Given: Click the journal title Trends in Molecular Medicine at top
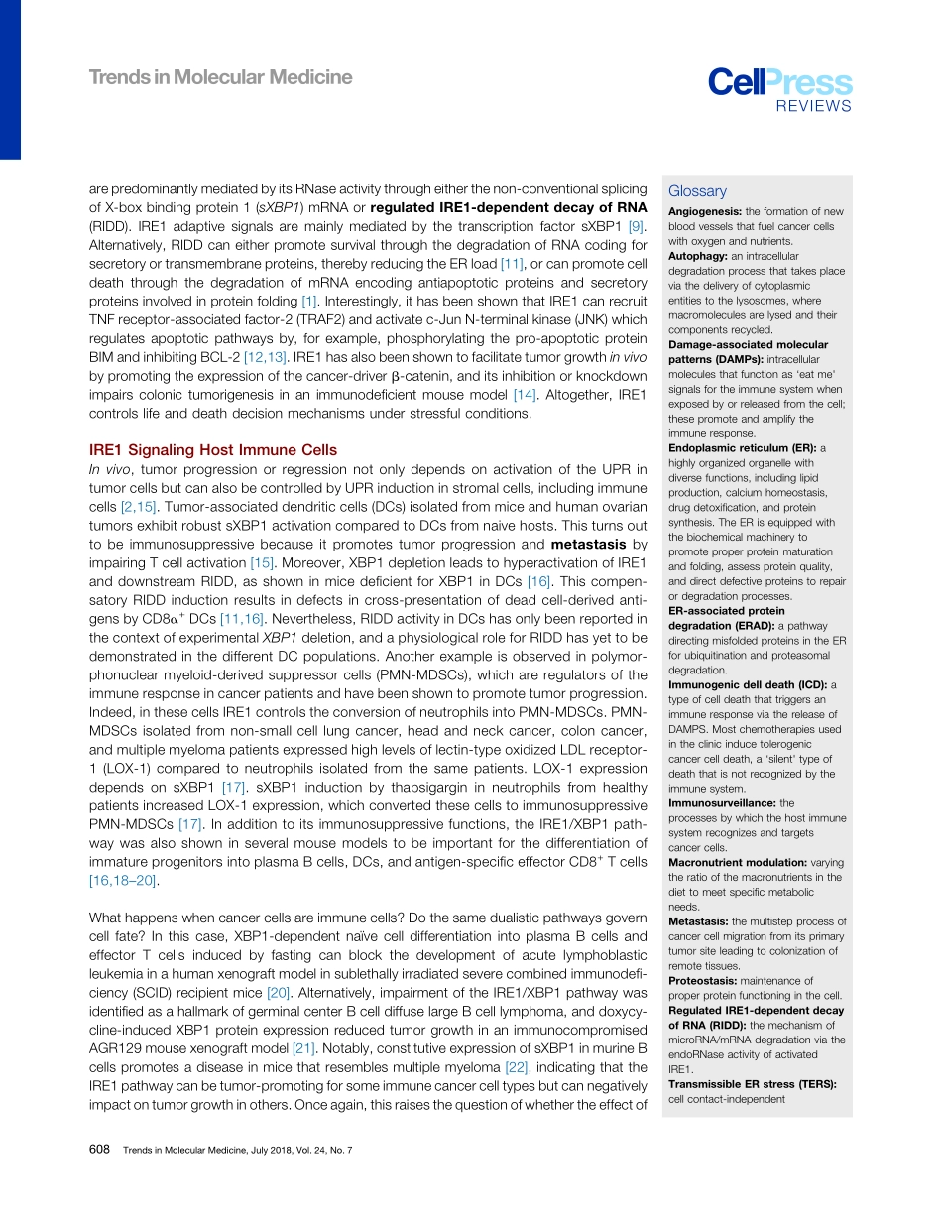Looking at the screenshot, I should coord(220,77).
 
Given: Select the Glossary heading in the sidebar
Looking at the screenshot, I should coord(697,191).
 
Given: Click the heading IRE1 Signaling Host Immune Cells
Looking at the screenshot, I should coord(213,450).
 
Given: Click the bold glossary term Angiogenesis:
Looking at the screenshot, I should coord(705,211).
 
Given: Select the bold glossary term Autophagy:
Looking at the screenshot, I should coord(700,256).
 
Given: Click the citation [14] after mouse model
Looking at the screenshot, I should coord(524,395).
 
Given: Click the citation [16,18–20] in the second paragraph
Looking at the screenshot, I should coord(123,880).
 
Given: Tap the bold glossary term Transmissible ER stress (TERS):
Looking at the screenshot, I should coord(752,1084).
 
